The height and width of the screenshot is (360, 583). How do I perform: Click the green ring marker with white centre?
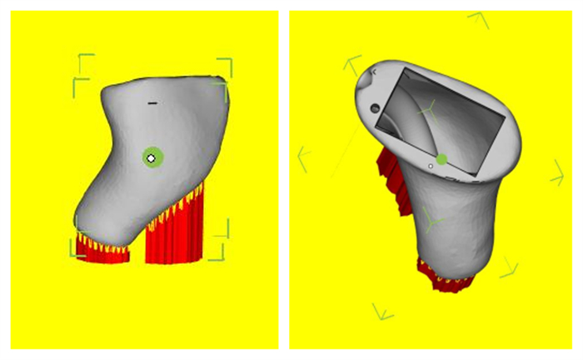click(x=152, y=157)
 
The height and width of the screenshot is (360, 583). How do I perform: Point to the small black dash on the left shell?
click(x=152, y=102)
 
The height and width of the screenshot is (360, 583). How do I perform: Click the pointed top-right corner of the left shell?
click(x=222, y=80)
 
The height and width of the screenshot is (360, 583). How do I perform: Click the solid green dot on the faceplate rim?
click(x=442, y=158)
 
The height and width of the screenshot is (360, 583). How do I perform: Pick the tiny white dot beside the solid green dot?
click(x=430, y=167)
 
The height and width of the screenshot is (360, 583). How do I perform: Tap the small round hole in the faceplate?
click(x=375, y=107)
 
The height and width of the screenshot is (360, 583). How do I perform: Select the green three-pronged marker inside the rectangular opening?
click(x=427, y=108)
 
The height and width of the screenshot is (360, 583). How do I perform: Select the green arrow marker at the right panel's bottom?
click(x=382, y=312)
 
